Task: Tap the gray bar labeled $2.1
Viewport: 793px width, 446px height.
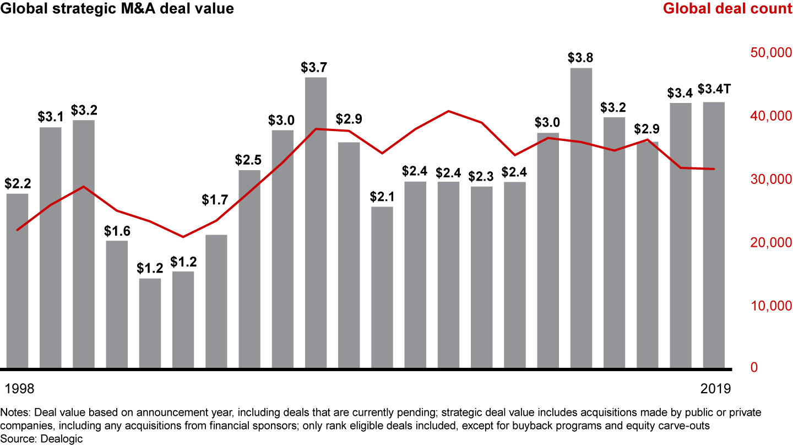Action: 382,287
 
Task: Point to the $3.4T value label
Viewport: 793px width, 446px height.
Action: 714,89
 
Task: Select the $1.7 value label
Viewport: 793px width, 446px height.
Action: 216,200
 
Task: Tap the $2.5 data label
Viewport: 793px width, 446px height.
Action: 249,160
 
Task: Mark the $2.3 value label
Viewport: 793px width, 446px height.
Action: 481,176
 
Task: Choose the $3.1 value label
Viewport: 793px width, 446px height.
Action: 50,117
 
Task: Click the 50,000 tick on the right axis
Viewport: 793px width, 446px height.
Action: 770,53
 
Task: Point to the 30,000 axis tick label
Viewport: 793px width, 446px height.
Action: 770,180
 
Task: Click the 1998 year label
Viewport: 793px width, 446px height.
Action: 20,389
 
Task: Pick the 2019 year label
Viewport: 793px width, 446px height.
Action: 716,389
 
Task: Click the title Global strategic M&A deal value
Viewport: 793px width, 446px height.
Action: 117,9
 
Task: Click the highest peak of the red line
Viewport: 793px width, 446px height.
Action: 449,111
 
